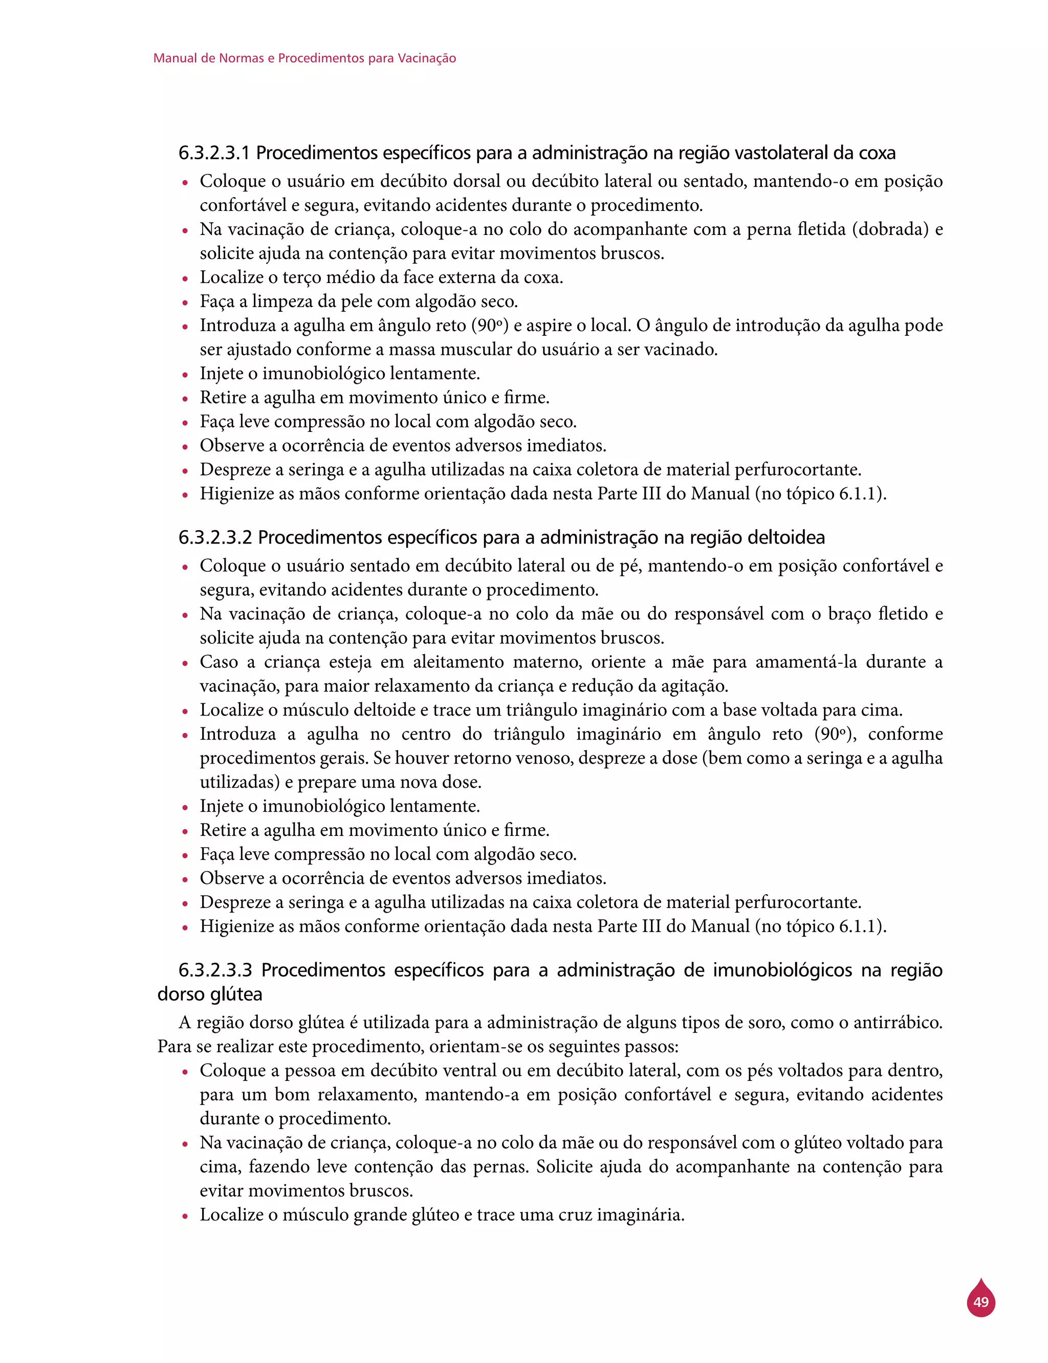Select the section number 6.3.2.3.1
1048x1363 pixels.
214,153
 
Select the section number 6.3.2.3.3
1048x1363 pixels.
215,970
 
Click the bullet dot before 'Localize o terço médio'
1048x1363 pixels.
185,279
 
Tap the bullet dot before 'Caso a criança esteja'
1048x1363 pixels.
185,663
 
